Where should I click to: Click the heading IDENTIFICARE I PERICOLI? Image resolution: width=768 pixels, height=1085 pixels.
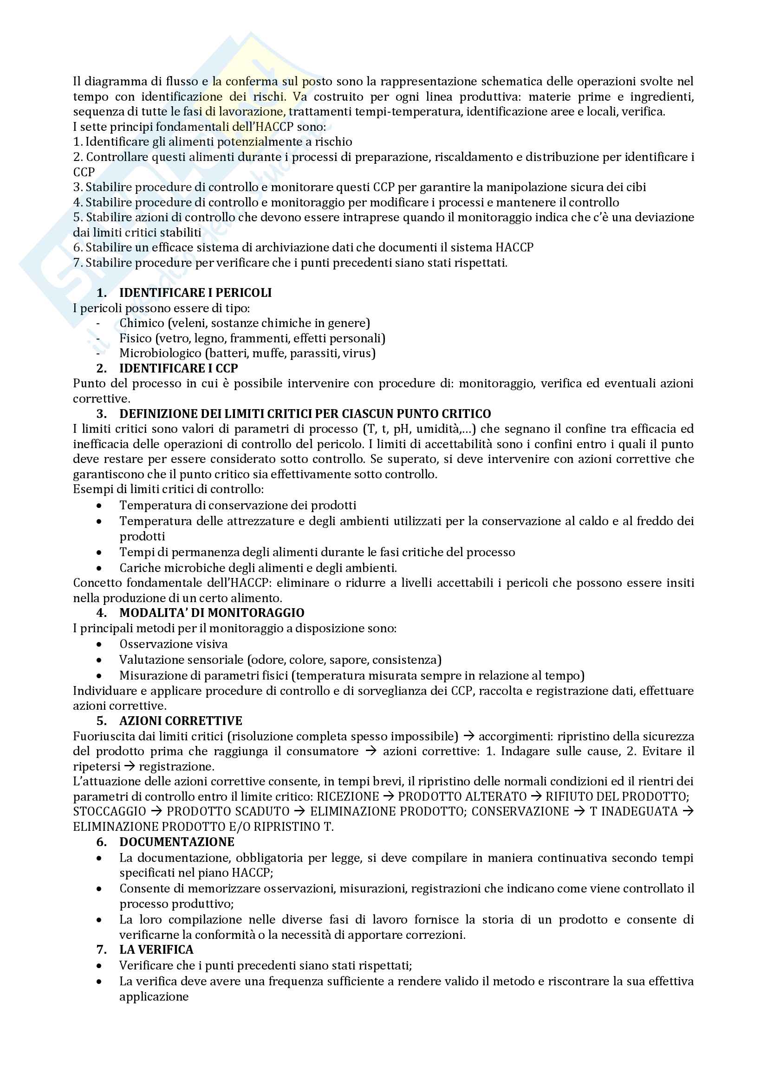(x=195, y=293)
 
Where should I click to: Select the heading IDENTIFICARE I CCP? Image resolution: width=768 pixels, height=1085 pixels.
(x=178, y=368)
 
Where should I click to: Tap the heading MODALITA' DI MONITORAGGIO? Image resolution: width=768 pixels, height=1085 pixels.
(x=211, y=613)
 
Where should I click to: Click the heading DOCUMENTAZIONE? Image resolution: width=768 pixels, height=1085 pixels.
(x=177, y=841)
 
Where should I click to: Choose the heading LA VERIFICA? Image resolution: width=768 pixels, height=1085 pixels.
(x=156, y=950)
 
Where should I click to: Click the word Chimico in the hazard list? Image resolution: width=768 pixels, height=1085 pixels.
(x=142, y=323)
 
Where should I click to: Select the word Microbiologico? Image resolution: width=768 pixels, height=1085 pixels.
(x=160, y=353)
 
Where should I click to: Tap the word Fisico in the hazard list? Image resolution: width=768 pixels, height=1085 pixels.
(x=136, y=338)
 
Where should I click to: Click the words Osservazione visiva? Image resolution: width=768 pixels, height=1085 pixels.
(x=173, y=644)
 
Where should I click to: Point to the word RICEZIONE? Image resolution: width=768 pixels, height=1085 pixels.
(x=348, y=796)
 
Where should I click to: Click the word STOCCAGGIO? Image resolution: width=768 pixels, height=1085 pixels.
(x=109, y=811)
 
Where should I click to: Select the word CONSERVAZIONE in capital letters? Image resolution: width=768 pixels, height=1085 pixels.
(x=520, y=811)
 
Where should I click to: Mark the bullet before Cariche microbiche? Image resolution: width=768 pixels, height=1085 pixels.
(x=99, y=569)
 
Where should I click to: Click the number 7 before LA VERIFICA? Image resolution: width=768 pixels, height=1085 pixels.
(x=101, y=950)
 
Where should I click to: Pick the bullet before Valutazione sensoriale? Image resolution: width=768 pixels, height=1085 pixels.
(x=99, y=661)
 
